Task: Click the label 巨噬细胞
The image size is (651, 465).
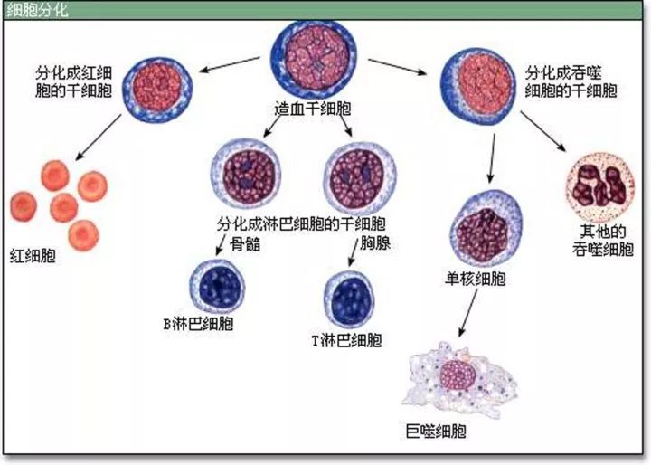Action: [x=437, y=431]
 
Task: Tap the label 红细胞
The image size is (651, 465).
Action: [x=32, y=255]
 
